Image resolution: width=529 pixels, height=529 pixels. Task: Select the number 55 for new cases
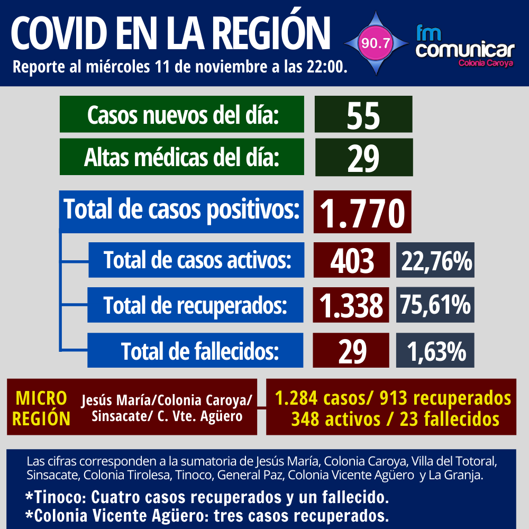(363, 115)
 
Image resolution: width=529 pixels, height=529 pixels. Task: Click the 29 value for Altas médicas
(363, 157)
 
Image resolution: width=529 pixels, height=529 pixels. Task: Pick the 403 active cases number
(351, 260)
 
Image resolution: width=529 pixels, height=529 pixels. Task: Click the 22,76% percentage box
(435, 260)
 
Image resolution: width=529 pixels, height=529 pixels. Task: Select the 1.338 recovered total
(351, 305)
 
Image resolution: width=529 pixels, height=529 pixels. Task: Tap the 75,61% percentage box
(435, 305)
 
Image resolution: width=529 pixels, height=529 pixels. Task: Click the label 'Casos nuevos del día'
(182, 114)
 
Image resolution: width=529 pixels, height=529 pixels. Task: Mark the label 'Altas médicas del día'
(182, 157)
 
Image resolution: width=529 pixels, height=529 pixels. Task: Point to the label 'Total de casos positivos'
(181, 210)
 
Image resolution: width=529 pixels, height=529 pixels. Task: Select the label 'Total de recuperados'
(196, 305)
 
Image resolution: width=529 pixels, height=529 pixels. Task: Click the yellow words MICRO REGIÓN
(41, 408)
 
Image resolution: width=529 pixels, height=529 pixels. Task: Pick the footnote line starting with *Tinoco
(206, 498)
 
